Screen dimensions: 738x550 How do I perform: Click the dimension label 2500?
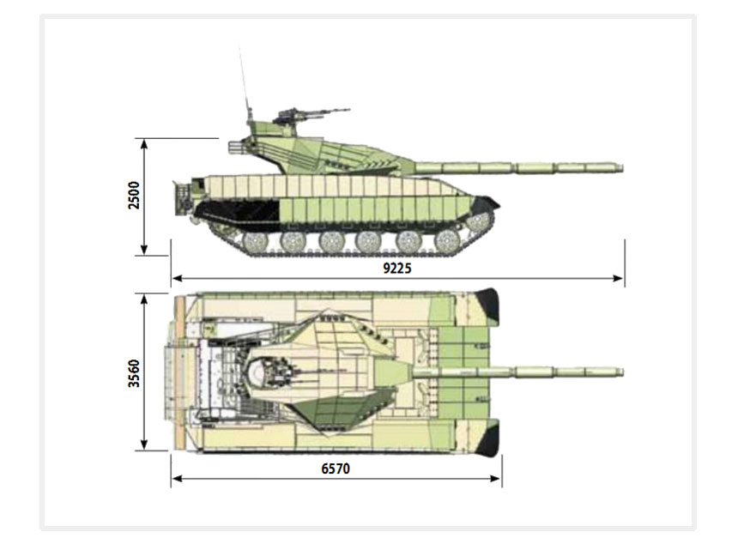pyautogui.click(x=134, y=196)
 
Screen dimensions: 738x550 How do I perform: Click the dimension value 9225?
pyautogui.click(x=397, y=269)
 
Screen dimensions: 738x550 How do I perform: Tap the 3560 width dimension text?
pyautogui.click(x=134, y=373)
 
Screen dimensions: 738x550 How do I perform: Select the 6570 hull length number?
pyautogui.click(x=336, y=468)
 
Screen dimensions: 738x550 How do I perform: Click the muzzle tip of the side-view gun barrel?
pyautogui.click(x=622, y=167)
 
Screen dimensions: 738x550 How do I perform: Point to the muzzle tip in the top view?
pyautogui.click(x=622, y=372)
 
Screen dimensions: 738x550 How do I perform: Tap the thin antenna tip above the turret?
pyautogui.click(x=239, y=46)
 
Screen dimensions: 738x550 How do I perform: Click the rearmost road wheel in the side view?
pyautogui.click(x=255, y=241)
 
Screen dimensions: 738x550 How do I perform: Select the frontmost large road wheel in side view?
pyautogui.click(x=446, y=241)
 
